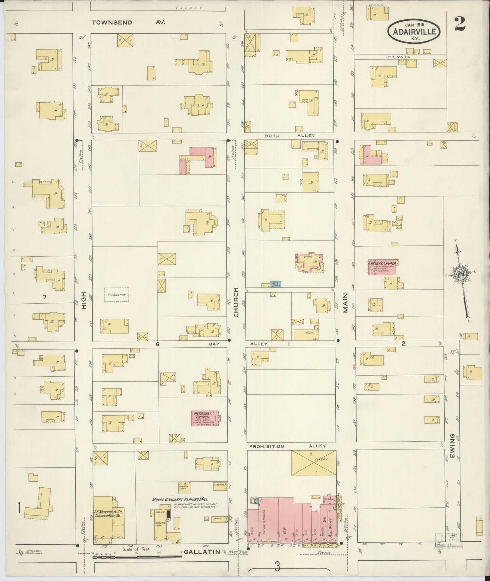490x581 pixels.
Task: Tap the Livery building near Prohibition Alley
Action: [x=314, y=464]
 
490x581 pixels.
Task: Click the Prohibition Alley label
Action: [x=288, y=446]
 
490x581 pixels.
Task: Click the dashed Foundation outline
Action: [x=116, y=295]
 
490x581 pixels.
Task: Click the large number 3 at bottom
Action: [x=277, y=566]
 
